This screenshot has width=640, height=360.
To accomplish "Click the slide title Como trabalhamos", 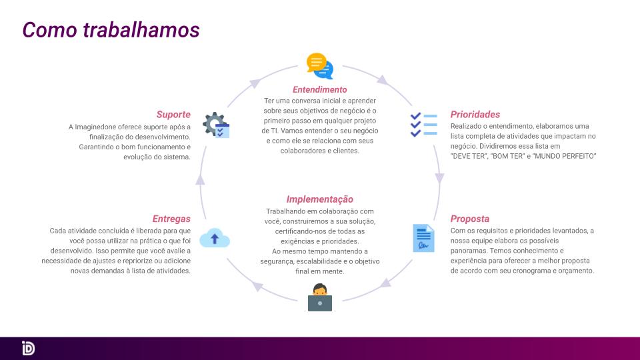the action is click(111, 30).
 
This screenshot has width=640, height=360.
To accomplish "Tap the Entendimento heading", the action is click(319, 89).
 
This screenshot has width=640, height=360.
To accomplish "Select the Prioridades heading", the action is click(475, 114).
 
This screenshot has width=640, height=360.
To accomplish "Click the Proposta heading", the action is click(470, 219).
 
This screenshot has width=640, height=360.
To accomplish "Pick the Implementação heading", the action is click(319, 199).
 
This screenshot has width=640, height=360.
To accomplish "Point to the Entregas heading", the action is click(171, 219).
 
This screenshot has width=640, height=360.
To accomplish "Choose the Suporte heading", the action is click(173, 114).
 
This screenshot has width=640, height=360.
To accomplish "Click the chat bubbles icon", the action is click(320, 66).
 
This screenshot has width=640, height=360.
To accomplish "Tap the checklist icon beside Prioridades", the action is click(424, 125).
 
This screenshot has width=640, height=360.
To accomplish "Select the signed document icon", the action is click(424, 238).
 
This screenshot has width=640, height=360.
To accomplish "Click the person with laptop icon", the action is click(319, 297).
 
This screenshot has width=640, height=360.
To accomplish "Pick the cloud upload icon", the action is click(215, 238).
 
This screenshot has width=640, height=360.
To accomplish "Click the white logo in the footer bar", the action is click(28, 348).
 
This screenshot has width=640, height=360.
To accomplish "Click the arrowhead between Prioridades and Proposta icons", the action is click(439, 178).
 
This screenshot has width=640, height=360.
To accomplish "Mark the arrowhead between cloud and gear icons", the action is click(200, 179).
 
